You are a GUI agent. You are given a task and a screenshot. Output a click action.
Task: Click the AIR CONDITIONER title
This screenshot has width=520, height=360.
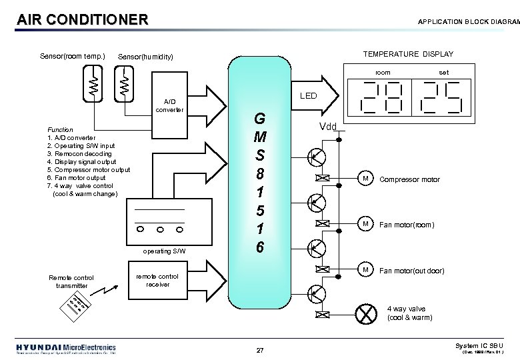pos(83,19)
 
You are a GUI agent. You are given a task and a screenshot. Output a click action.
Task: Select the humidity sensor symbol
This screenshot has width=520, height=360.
pos(125,85)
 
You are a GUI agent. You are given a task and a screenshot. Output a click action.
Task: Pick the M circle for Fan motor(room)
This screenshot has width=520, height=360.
pos(365,224)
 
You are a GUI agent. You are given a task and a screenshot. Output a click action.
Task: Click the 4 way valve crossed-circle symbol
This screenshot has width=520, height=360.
pos(365,313)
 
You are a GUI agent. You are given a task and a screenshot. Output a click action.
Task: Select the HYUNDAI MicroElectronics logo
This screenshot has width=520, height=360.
pos(65,348)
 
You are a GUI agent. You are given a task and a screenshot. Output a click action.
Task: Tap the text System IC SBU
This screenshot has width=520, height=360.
pos(479,345)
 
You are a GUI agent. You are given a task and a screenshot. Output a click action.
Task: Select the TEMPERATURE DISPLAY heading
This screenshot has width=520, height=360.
pos(408,54)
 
